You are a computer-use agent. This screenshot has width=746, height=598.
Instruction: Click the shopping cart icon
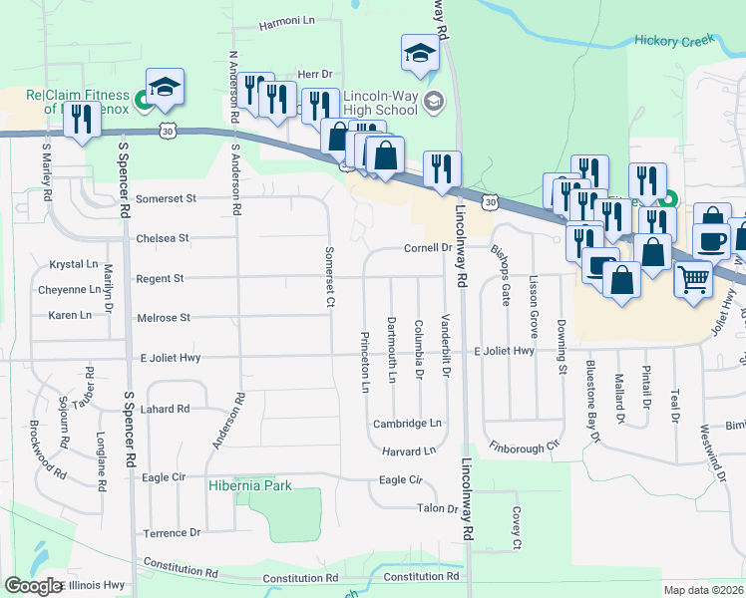pyautogui.click(x=692, y=279)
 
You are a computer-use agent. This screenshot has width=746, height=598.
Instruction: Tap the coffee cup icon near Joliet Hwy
pyautogui.click(x=711, y=240)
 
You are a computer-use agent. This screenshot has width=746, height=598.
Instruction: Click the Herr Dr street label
pyautogui.click(x=313, y=75)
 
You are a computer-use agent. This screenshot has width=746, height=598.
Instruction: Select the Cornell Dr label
pyautogui.click(x=428, y=248)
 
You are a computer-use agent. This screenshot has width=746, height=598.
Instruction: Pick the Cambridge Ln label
pyautogui.click(x=407, y=424)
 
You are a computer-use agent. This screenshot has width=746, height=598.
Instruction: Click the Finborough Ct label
pyautogui.click(x=524, y=448)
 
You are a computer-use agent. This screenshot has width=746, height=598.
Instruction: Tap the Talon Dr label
pyautogui.click(x=437, y=508)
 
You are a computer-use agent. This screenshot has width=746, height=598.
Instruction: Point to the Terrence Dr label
pyautogui.click(x=173, y=533)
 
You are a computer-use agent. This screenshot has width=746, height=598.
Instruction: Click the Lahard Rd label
pyautogui.click(x=165, y=409)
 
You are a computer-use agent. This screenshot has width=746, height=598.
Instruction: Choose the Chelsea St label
pyautogui.click(x=163, y=238)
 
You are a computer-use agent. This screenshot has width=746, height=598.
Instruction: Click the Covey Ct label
pyautogui.click(x=517, y=528)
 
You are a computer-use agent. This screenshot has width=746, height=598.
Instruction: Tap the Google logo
pyautogui.click(x=33, y=586)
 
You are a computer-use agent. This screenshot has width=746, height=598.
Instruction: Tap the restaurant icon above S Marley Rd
pyautogui.click(x=80, y=121)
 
